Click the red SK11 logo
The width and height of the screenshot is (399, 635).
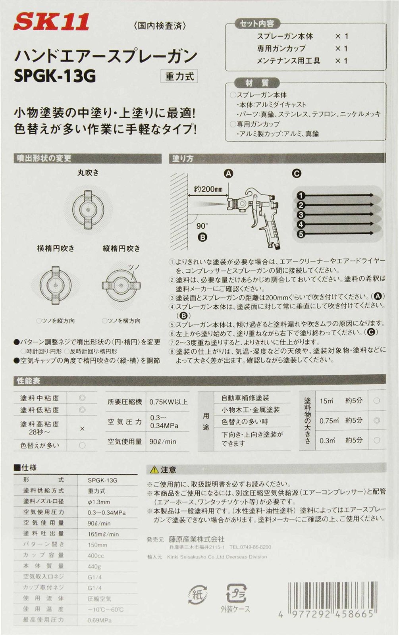pos(51,22)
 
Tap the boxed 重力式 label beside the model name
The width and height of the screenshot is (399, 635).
pos(179,76)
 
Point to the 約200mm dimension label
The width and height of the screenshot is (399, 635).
pos(208,189)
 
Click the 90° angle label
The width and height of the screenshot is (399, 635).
pos(202,226)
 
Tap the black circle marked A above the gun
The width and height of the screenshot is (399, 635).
pos(228,173)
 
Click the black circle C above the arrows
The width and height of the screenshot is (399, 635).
pos(296,173)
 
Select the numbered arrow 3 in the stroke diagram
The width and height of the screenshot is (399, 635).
pos(301,215)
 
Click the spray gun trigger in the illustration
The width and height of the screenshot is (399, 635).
pos(254,217)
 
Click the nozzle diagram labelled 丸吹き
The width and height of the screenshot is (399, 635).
pos(88,208)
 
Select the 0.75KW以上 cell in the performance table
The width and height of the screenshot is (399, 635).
pos(168,402)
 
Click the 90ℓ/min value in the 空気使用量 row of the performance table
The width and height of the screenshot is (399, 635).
pos(163,441)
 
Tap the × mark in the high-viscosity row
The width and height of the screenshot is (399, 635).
pos(82,429)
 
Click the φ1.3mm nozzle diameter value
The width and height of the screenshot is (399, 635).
pos(99,502)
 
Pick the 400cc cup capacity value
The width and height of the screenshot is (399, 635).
pos(96,556)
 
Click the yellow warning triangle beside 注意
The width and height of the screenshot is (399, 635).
pos(154,470)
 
